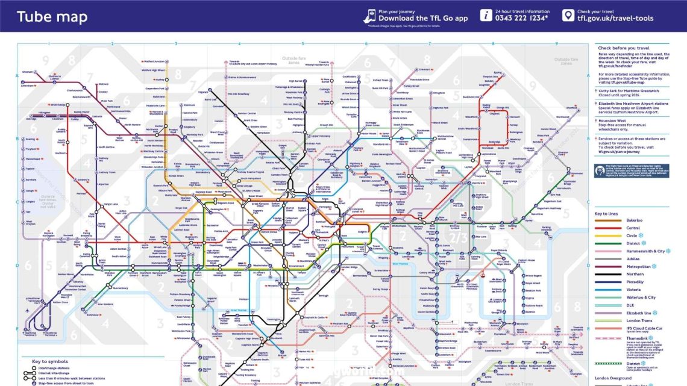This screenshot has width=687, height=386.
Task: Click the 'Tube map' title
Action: pos(52,16)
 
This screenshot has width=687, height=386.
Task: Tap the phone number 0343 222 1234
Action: pos(522,19)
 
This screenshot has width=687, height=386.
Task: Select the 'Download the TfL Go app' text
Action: pos(422,19)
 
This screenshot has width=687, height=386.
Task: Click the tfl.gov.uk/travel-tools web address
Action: pos(615,19)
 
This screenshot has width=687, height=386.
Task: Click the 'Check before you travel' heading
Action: pos(623,48)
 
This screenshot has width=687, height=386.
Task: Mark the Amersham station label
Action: pos(28,86)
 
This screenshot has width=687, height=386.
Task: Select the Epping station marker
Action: pos(497,73)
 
